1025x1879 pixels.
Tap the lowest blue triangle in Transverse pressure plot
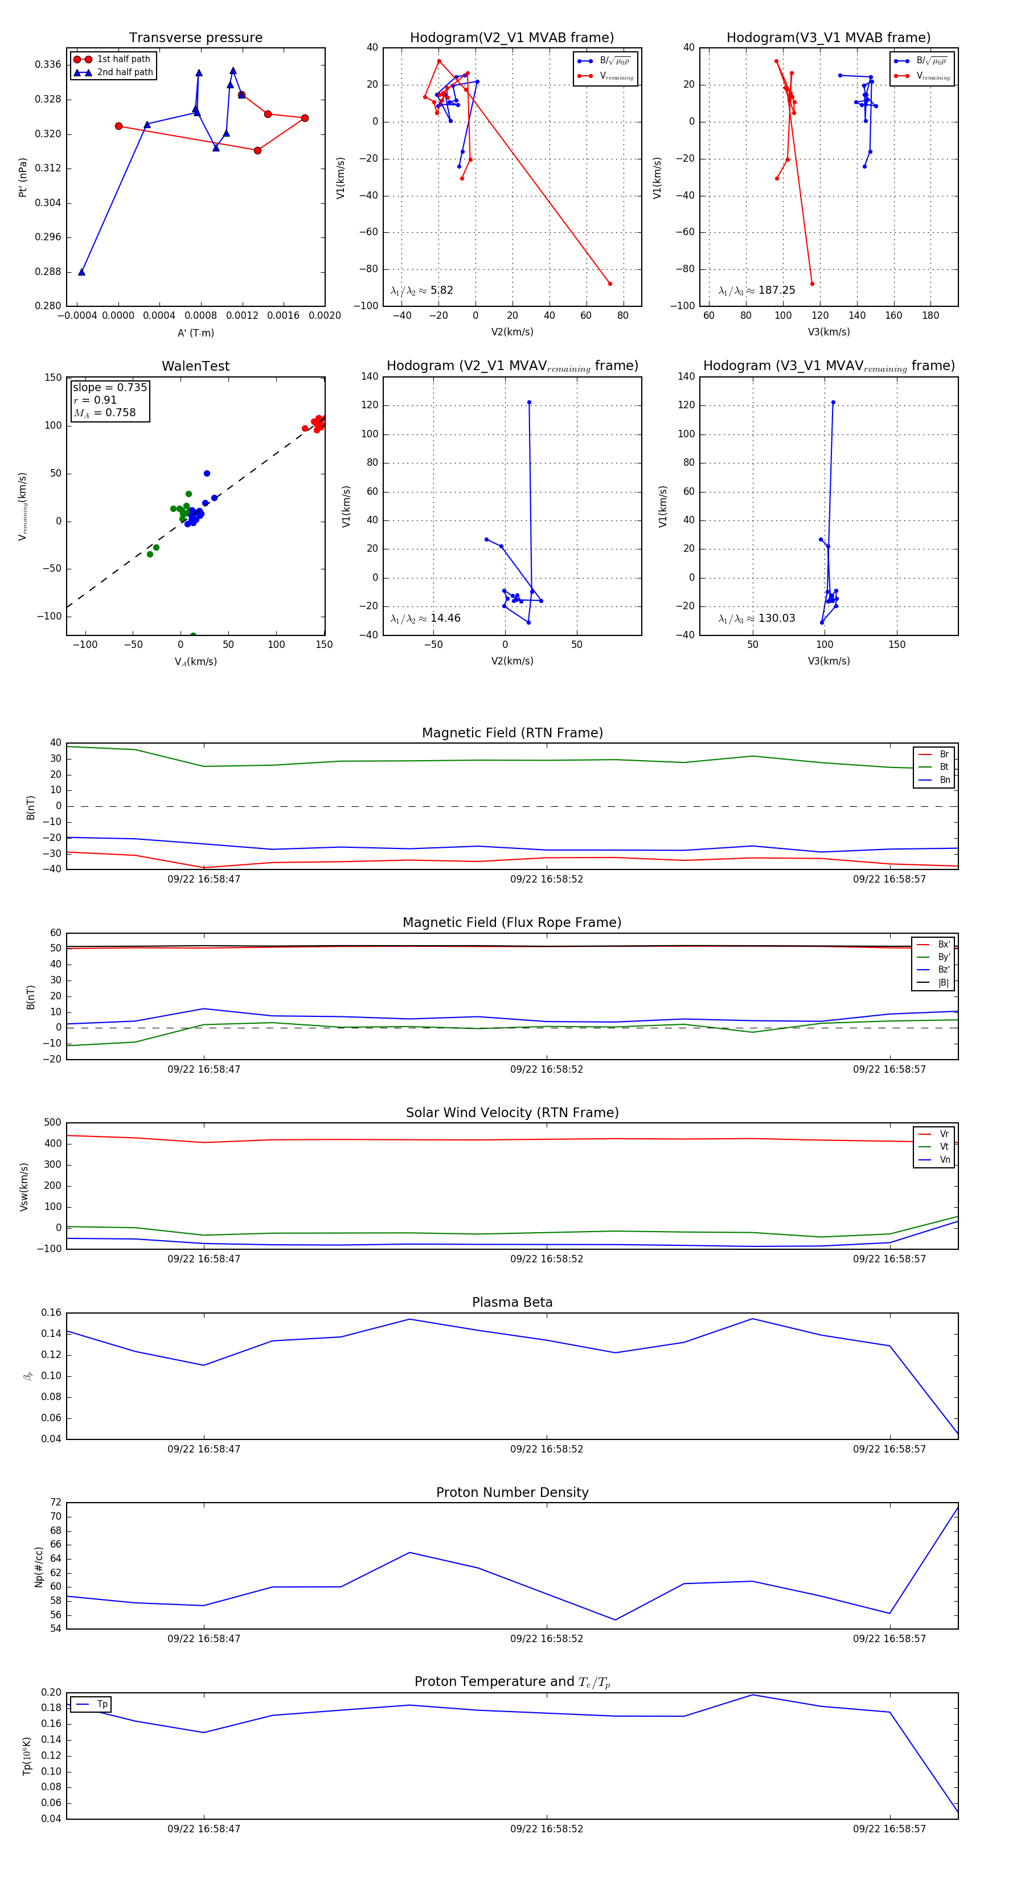[81, 272]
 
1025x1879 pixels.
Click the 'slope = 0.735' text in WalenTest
[109, 387]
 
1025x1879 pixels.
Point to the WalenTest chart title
[195, 366]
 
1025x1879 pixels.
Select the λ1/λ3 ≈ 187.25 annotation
[757, 290]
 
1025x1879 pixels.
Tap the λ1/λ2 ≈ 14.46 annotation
[425, 618]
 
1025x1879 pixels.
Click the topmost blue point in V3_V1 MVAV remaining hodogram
[833, 403]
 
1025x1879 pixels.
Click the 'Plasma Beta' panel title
[512, 1303]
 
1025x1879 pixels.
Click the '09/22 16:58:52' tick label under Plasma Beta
[547, 1449]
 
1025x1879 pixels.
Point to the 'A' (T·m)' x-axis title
[195, 333]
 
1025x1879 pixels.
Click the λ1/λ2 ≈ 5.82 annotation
[421, 290]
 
